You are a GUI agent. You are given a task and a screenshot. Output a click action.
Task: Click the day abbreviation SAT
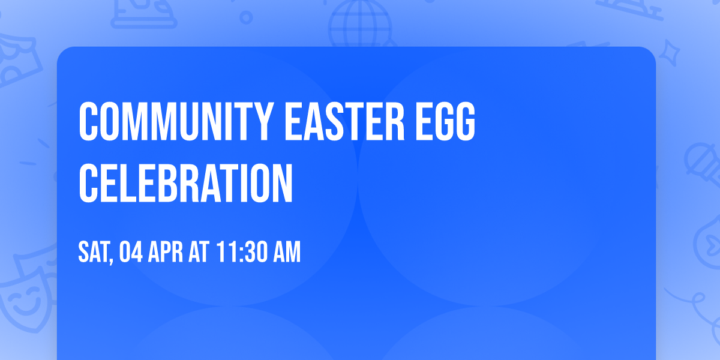tap(94, 253)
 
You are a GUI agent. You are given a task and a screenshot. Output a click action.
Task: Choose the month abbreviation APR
tap(167, 253)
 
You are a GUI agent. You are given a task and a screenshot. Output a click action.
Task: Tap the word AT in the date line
tap(199, 253)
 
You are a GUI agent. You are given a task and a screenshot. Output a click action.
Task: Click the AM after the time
tap(286, 253)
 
